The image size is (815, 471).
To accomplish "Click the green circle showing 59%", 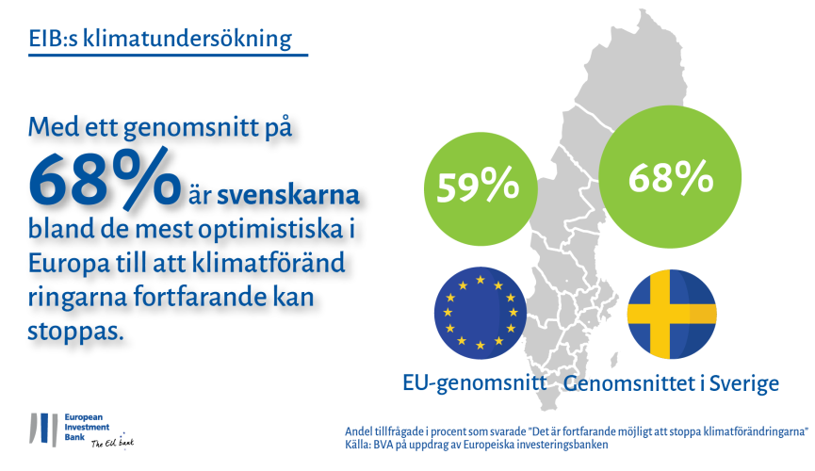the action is tap(481, 188).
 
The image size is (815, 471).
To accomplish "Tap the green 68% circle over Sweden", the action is tap(670, 177).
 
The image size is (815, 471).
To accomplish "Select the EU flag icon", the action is tap(481, 313).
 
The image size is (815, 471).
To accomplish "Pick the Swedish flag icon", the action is tap(672, 314).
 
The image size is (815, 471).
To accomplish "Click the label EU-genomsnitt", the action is tap(475, 383).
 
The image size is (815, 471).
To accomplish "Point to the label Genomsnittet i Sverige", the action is tap(671, 383).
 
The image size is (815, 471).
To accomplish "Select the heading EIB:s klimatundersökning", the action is tap(160, 39).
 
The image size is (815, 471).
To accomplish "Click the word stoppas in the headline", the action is tap(76, 332).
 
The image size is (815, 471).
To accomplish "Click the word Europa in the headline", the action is tap(69, 264).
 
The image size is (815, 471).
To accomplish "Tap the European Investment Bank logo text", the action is tap(87, 428).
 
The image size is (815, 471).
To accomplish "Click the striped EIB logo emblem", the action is tap(43, 430).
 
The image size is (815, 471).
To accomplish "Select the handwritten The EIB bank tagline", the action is tap(112, 443).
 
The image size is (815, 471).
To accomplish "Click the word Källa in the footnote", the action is tap(357, 445).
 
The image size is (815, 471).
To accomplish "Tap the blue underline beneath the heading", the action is tap(168, 54).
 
